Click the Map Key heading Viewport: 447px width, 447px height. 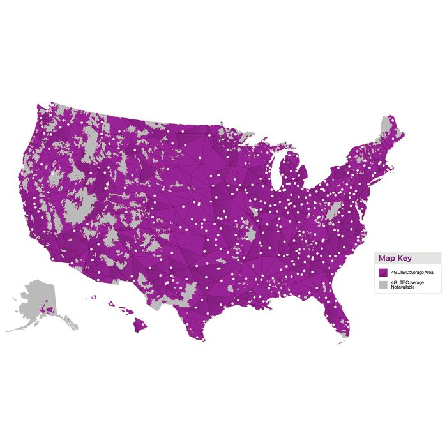coord(395,258)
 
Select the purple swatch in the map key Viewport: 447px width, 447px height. coord(383,272)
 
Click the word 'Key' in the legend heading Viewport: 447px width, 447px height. coord(405,258)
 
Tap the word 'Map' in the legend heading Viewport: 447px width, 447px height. coord(388,258)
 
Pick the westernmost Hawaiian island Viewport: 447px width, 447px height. coord(93,297)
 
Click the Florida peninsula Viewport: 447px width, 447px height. coord(338,313)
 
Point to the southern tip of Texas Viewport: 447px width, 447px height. coord(203,338)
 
